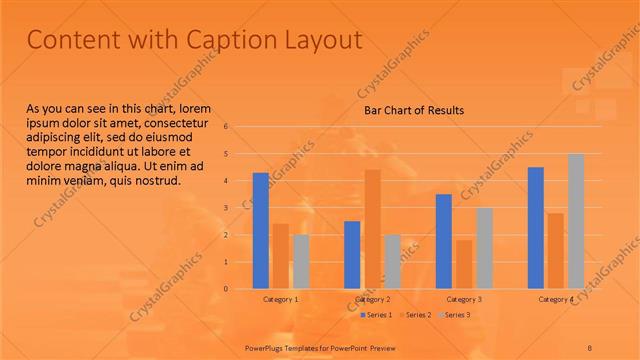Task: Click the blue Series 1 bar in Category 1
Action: click(260, 231)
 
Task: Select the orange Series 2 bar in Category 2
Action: click(372, 229)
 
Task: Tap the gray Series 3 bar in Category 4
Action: click(576, 221)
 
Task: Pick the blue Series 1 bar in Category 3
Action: click(444, 241)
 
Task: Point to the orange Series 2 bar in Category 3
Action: click(464, 264)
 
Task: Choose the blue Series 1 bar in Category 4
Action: click(536, 228)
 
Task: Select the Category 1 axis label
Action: click(281, 299)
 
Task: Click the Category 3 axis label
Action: click(464, 299)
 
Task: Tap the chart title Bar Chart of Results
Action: click(413, 110)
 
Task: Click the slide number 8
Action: click(590, 347)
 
